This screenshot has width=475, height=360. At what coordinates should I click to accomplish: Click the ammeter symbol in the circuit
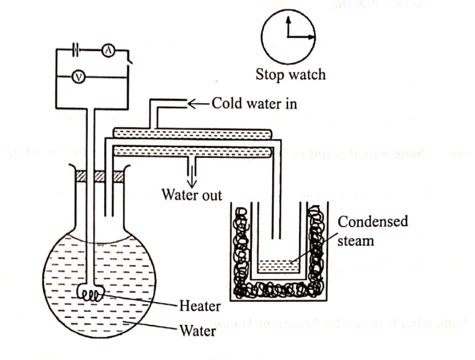click(x=107, y=51)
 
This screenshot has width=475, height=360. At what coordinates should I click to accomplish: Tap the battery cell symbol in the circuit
click(x=76, y=50)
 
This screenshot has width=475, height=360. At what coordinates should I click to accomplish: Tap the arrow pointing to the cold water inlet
click(x=196, y=104)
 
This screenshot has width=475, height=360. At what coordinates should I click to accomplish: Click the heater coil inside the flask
click(x=91, y=294)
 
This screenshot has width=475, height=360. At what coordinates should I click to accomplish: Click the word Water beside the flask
click(x=197, y=330)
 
